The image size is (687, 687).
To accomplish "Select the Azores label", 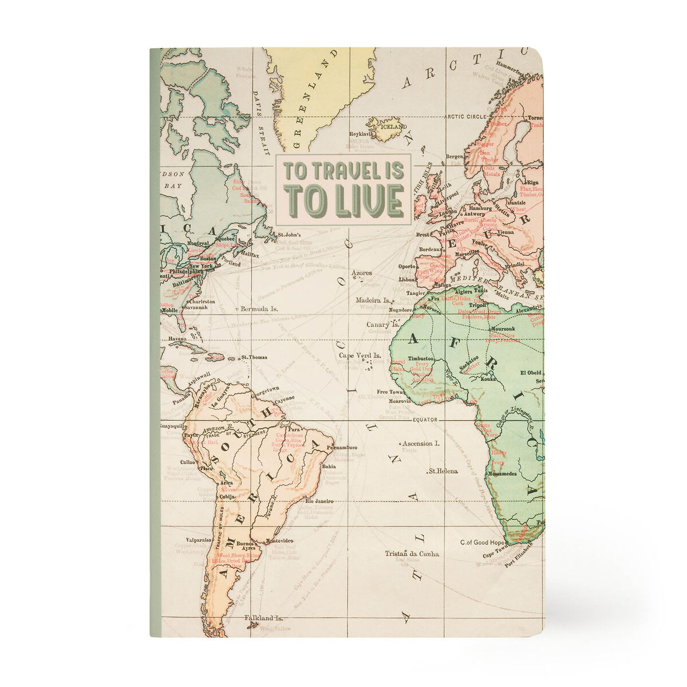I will tap(362, 273).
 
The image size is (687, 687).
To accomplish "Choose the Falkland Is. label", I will tap(263, 618).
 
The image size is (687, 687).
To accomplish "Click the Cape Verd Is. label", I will tap(361, 356).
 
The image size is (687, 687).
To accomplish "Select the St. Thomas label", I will tap(254, 358).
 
